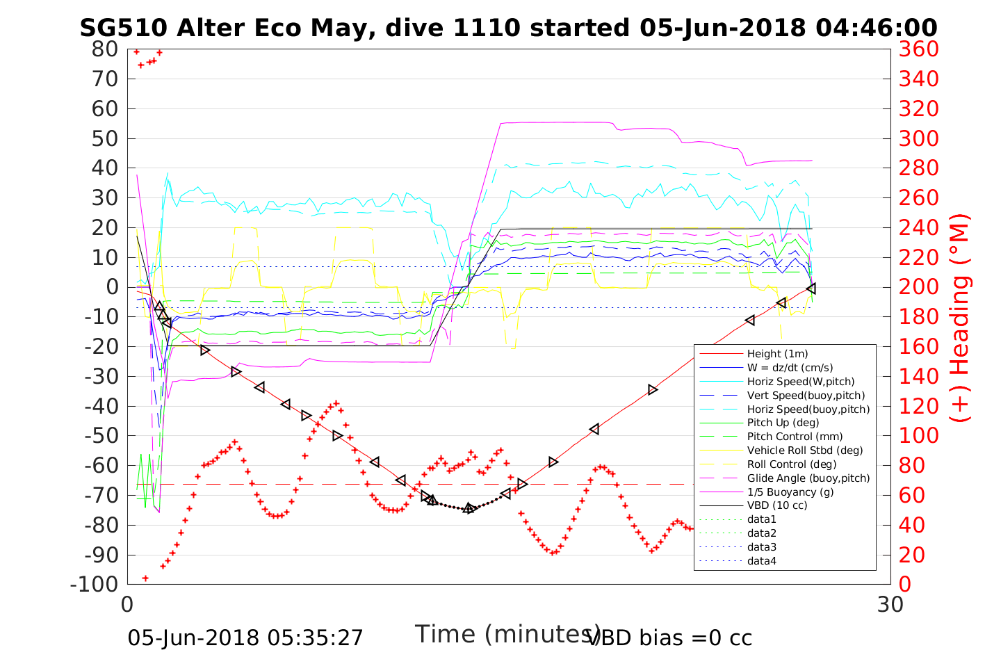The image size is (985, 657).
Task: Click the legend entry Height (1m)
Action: [777, 354]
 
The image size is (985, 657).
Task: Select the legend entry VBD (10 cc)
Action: [777, 505]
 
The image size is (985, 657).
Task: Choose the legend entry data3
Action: [761, 547]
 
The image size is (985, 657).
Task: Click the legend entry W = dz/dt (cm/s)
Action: [790, 368]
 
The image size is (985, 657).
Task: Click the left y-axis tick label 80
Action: [104, 49]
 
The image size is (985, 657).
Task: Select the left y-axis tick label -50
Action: [101, 436]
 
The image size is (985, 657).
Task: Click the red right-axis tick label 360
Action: [918, 49]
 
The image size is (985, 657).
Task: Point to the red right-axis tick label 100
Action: [918, 436]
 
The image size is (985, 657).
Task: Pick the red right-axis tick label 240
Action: [918, 228]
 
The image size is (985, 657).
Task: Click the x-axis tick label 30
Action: [890, 605]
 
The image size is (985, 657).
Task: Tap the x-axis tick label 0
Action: [128, 605]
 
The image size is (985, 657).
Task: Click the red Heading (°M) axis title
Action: [960, 317]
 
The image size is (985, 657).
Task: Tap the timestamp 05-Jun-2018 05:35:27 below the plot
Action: [245, 638]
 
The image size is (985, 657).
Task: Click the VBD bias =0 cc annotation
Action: [669, 638]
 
